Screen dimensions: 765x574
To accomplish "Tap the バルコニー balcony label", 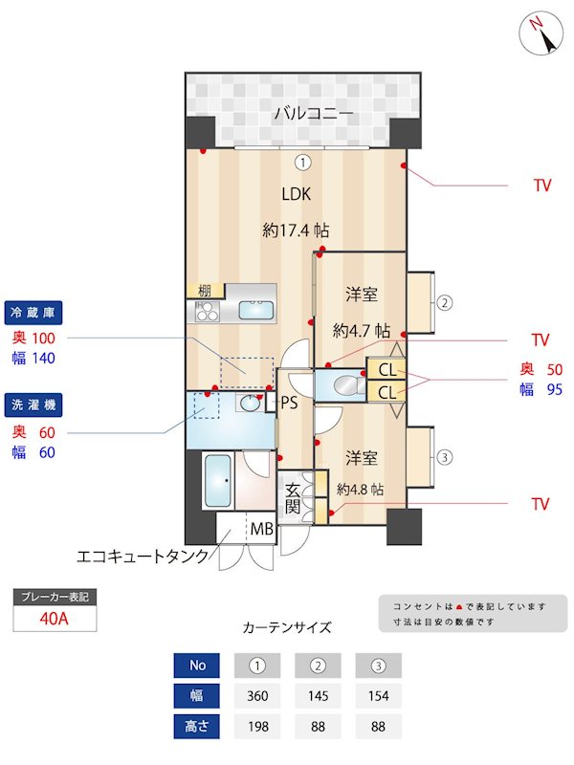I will (x=314, y=114).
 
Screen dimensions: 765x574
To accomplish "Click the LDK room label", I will (x=297, y=193).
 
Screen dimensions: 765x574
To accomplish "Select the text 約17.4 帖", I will (x=297, y=230).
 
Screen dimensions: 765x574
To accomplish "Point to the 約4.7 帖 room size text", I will (x=361, y=331).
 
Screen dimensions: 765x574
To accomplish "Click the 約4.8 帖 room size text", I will (x=360, y=489).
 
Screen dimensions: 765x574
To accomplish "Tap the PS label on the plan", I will (x=289, y=404).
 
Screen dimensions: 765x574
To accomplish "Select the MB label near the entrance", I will (x=261, y=528).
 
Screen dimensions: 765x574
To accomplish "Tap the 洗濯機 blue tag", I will (x=34, y=405).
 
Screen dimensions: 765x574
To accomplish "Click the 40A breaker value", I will (x=55, y=618).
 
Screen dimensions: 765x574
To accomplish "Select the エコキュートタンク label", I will (x=142, y=556).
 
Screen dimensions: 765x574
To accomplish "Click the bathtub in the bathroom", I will (x=219, y=484).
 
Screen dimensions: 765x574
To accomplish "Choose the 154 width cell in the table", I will (x=378, y=696).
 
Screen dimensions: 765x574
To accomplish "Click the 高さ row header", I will (x=197, y=727).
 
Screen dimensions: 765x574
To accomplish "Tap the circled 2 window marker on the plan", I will (x=444, y=304).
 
